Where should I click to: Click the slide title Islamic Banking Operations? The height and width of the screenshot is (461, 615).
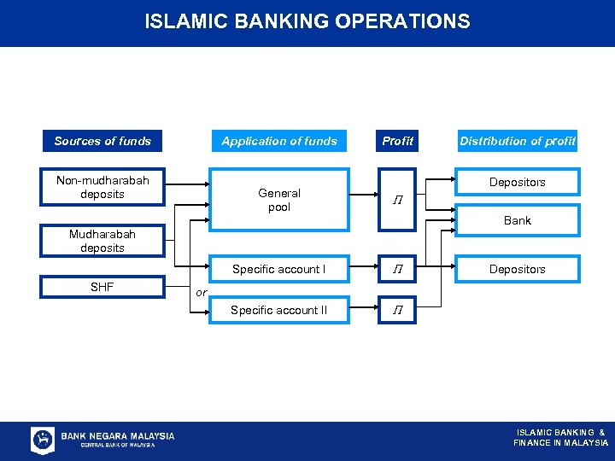[307, 21]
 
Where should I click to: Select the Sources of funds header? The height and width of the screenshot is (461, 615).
[102, 141]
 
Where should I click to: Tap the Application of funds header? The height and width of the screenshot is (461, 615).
[279, 141]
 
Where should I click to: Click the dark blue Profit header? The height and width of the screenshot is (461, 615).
[397, 141]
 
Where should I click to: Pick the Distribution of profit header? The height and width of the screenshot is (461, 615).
[518, 141]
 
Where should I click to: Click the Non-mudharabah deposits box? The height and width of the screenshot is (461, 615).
[102, 188]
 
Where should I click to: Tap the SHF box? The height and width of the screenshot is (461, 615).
[102, 288]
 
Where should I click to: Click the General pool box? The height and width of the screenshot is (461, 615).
[279, 200]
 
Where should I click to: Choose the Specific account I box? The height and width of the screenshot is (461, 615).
[279, 269]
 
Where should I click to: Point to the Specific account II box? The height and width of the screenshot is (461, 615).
[279, 310]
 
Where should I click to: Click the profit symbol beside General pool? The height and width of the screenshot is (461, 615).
[397, 200]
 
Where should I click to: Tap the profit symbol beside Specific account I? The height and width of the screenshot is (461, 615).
[397, 269]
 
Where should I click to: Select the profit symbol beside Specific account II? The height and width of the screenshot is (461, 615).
[397, 310]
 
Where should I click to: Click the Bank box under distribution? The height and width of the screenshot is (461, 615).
[518, 220]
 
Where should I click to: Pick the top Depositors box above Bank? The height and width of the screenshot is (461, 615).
[518, 182]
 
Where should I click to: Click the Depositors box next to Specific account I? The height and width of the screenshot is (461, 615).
[518, 269]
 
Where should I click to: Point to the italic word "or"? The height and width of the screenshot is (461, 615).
[201, 292]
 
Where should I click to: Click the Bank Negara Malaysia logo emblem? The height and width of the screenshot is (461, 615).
[43, 440]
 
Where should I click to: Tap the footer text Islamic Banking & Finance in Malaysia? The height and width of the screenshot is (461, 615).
[560, 437]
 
